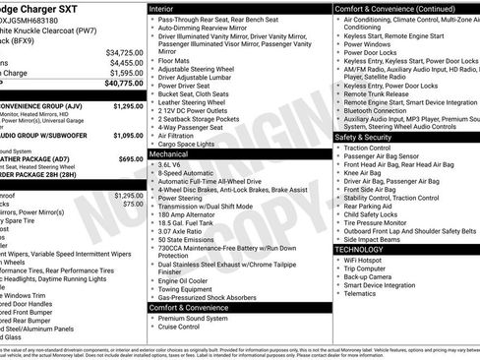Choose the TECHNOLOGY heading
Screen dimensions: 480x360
point(361,249)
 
